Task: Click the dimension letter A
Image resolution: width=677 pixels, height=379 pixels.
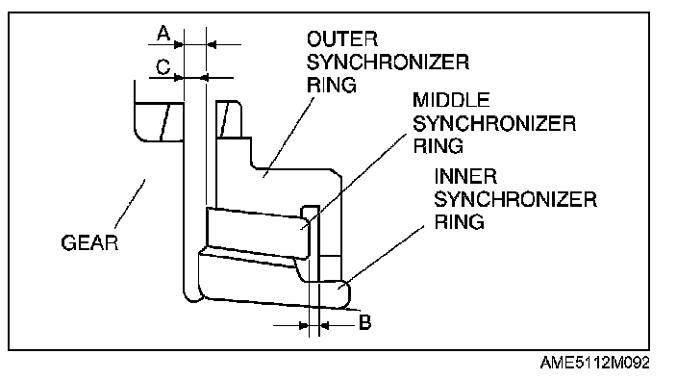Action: tap(163, 34)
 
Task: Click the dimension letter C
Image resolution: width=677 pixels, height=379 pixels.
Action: tap(163, 67)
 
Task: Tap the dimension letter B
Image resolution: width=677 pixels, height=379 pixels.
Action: tap(364, 322)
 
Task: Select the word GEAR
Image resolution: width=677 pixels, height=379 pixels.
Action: tap(89, 242)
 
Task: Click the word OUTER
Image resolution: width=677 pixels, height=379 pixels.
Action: tap(342, 39)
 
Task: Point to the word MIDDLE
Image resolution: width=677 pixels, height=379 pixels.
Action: tap(451, 100)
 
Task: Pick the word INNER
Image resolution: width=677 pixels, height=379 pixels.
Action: tap(465, 177)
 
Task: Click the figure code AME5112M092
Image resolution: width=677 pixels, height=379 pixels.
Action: tap(594, 363)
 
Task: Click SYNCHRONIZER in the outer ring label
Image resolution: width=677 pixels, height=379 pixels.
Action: tap(388, 63)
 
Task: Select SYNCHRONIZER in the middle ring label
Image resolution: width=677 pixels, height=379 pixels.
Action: tap(494, 123)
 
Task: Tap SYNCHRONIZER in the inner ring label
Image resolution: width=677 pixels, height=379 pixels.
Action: tap(515, 199)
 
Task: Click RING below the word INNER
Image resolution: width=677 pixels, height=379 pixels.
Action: tap(459, 222)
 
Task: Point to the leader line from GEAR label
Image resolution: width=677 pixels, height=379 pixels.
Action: tap(130, 204)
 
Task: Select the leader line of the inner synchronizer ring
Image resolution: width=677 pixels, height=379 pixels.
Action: tap(384, 256)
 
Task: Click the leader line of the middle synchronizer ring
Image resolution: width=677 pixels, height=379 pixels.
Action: tap(354, 181)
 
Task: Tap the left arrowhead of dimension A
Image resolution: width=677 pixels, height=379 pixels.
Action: tap(179, 44)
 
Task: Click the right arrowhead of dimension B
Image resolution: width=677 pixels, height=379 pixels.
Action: tap(324, 325)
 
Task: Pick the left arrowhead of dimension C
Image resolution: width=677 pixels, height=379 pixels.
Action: tap(179, 78)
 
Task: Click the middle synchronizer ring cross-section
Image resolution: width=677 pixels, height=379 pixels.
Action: tap(258, 233)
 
